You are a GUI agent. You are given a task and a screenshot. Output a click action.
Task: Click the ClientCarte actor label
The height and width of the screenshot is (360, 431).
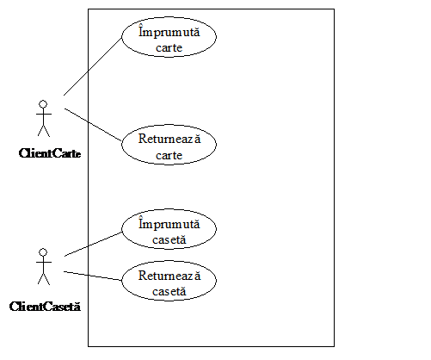(x=50, y=153)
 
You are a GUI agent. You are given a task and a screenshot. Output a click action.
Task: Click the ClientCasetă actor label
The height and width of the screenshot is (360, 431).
(x=45, y=307)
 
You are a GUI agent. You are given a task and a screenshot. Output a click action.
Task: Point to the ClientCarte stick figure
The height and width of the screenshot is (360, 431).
(x=44, y=118)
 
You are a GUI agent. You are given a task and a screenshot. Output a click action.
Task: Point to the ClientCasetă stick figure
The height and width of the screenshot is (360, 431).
(x=44, y=266)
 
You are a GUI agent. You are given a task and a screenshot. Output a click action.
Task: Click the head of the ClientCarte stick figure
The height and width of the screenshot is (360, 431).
(x=43, y=104)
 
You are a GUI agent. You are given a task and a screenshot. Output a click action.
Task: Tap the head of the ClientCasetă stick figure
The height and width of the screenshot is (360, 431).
(x=43, y=252)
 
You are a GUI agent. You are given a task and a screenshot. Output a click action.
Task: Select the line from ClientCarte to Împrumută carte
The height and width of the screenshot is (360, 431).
(x=93, y=66)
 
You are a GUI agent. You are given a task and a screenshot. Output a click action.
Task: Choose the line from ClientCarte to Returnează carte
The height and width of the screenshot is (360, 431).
(x=93, y=125)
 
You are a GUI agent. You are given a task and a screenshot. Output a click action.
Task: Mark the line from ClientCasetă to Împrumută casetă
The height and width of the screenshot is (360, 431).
(x=93, y=245)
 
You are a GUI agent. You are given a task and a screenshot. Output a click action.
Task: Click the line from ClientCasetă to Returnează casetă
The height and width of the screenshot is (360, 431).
(x=93, y=276)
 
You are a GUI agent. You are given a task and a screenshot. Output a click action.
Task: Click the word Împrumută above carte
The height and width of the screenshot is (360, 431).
(x=169, y=31)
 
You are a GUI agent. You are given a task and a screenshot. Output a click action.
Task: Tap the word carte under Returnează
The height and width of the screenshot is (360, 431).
(x=169, y=155)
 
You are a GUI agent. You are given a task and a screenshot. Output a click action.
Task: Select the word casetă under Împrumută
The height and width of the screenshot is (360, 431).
(x=169, y=239)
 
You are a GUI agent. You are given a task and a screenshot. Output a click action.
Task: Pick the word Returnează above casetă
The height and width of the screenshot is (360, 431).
(x=169, y=275)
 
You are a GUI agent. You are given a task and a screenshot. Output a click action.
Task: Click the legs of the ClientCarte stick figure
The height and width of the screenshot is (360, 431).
(x=44, y=131)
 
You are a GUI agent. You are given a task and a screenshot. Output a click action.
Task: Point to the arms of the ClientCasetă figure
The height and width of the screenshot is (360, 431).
(x=44, y=262)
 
